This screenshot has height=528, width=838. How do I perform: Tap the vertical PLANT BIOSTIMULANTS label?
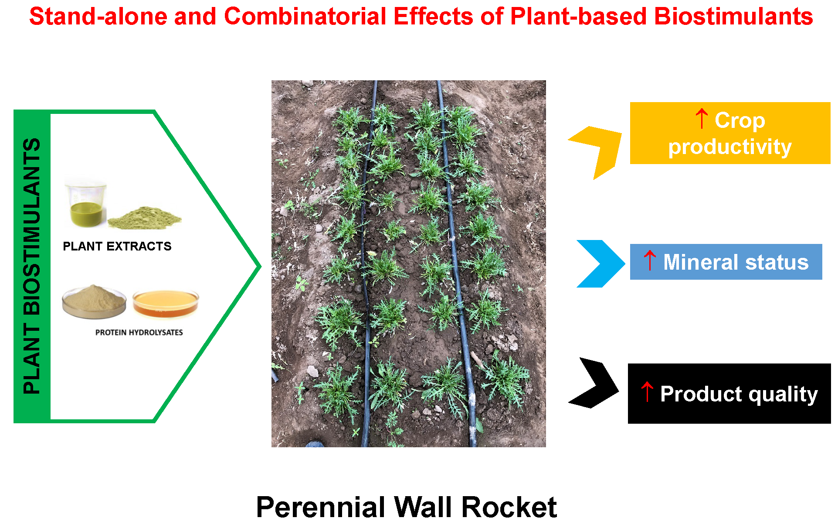[x=32, y=266]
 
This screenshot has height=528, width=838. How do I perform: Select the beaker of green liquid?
[x=85, y=205]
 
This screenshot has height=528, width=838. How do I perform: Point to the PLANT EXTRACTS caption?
[x=117, y=246]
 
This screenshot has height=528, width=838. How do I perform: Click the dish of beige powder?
[x=94, y=301]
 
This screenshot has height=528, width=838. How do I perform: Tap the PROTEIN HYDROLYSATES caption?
[x=139, y=333]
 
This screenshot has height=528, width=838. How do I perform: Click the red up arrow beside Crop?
[x=701, y=119]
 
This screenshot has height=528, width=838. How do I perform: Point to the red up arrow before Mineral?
[x=649, y=261]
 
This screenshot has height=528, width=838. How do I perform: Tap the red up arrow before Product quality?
[x=647, y=391]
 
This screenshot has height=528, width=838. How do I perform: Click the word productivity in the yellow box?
[x=730, y=147]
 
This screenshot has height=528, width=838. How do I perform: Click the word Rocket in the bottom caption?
[x=509, y=507]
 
